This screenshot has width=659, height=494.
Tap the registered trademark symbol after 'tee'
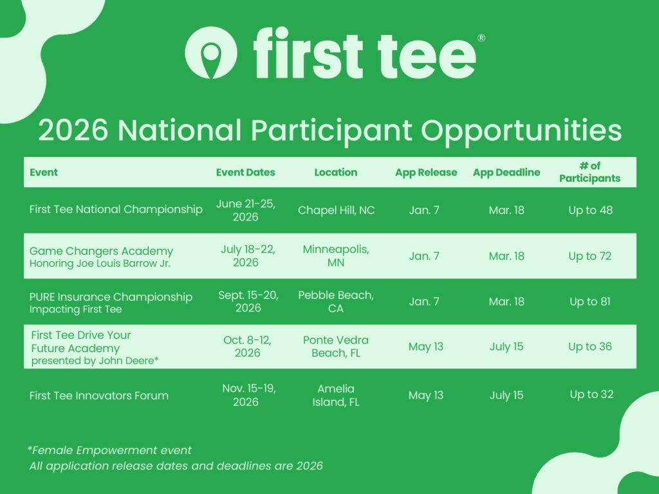coord(481,38)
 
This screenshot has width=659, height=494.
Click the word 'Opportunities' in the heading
coord(521,131)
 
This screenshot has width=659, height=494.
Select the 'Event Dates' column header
coord(245,172)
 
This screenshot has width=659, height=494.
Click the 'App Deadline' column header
coord(506,172)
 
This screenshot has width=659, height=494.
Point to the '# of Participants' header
coord(589,172)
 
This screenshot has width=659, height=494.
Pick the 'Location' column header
coord(336,172)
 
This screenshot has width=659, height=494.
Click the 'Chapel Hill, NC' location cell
coord(336,210)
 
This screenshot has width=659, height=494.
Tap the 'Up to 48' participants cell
coord(591,210)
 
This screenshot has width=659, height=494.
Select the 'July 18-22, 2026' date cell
coord(248,255)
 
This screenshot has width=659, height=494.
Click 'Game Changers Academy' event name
coord(101,252)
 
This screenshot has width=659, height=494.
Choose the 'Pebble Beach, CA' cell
coord(336,301)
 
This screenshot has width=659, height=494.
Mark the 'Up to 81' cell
coord(590,301)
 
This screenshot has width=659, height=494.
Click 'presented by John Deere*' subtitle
coord(95,360)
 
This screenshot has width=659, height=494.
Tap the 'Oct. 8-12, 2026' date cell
coord(248,346)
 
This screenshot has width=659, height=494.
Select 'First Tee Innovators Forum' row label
coord(98,396)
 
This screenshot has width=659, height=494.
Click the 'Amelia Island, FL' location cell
coord(336,395)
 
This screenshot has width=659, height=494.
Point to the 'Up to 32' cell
coord(591,394)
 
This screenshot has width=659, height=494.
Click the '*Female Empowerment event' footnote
coord(109,450)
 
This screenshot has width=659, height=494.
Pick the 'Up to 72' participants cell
coord(590,256)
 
